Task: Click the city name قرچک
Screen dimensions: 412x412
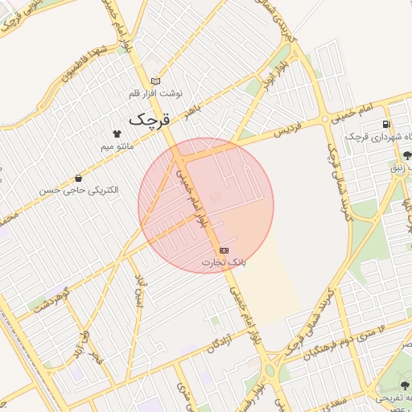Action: click(150, 119)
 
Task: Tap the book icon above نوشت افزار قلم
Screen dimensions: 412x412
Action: click(155, 80)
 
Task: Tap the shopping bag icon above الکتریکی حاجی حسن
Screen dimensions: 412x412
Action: click(77, 178)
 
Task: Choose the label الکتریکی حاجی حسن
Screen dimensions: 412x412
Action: click(78, 191)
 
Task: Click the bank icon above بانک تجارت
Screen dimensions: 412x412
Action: click(223, 251)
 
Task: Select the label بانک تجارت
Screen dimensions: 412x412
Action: click(224, 263)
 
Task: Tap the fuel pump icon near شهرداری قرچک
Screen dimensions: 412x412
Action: click(388, 125)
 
